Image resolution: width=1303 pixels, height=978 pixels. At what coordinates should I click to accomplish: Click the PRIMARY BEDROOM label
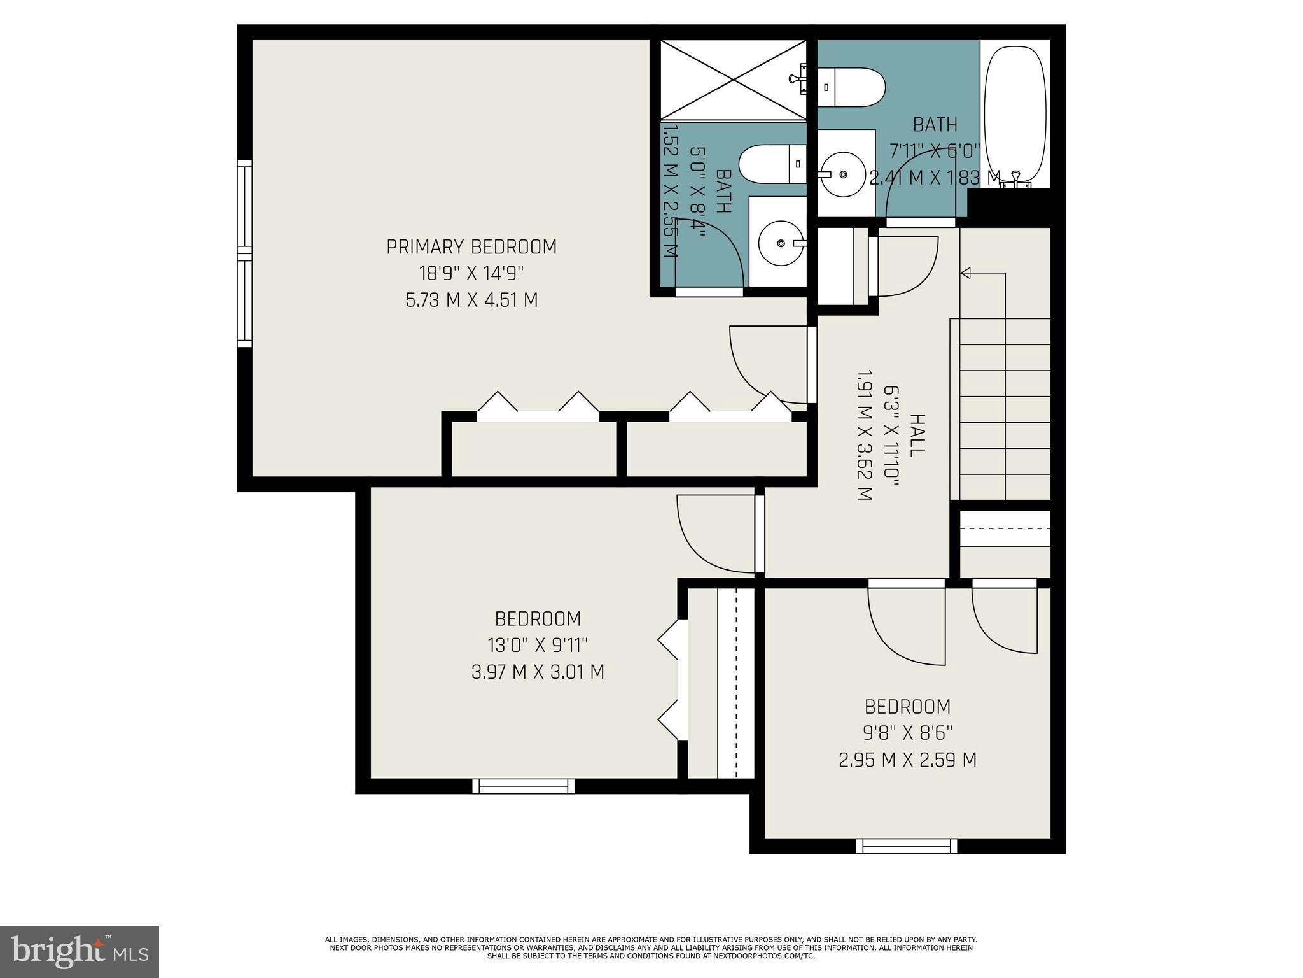tap(471, 247)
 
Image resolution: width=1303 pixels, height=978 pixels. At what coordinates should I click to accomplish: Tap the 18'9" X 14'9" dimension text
tap(471, 274)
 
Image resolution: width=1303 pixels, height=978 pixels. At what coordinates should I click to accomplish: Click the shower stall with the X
tap(733, 80)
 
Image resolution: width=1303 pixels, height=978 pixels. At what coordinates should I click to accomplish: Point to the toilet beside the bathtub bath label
tap(851, 87)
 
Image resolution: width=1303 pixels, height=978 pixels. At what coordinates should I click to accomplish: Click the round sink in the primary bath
tap(780, 243)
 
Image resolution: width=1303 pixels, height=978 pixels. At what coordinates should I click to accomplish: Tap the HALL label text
tap(916, 436)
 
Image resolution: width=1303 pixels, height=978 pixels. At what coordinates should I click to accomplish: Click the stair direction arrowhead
tap(965, 273)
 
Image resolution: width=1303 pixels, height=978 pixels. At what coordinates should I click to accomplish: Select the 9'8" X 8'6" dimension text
tap(907, 733)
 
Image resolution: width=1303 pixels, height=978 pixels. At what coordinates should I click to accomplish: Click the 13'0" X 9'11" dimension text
tap(538, 646)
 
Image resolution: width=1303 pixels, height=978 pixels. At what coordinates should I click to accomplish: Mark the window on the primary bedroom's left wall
tap(244, 253)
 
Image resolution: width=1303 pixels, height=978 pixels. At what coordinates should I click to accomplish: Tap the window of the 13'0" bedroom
tap(523, 786)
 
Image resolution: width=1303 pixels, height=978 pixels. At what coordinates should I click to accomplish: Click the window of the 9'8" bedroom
tap(906, 846)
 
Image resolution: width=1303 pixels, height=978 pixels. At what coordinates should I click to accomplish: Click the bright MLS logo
tap(80, 951)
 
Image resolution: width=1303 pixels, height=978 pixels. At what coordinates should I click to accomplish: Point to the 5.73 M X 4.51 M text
tap(471, 300)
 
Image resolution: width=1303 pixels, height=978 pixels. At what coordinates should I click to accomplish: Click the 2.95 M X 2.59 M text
tap(907, 760)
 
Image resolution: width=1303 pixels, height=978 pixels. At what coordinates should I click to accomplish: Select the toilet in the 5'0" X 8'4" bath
tap(773, 164)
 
